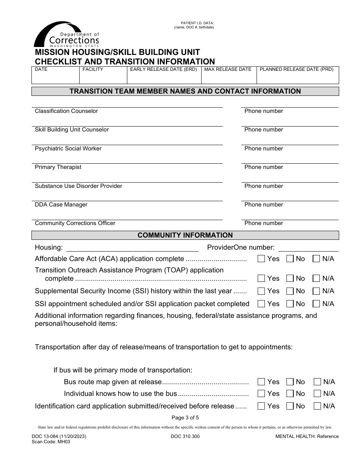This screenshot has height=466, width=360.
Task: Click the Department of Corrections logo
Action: [67, 35]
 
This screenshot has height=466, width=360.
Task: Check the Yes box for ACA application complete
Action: [261, 259]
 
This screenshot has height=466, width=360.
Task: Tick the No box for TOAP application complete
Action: [290, 278]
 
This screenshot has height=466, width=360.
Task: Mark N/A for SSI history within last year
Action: [316, 291]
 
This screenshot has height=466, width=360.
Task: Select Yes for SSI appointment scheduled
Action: [261, 304]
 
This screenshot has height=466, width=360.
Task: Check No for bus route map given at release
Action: [290, 382]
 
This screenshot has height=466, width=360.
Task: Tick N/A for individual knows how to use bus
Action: [317, 394]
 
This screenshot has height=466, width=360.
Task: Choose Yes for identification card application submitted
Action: [261, 406]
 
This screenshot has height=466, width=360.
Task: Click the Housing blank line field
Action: [132, 248]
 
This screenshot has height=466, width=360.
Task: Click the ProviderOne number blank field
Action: [308, 248]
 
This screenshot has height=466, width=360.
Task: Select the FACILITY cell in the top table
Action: [103, 75]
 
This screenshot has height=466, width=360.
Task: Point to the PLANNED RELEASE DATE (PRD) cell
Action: [297, 75]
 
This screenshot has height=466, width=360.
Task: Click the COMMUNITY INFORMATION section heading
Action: [185, 235]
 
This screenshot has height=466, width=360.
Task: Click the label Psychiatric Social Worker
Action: [68, 149]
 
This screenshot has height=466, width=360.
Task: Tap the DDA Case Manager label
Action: [61, 205]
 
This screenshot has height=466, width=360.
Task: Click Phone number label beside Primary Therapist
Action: [264, 167]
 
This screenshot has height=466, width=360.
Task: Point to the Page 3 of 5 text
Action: [185, 418]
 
